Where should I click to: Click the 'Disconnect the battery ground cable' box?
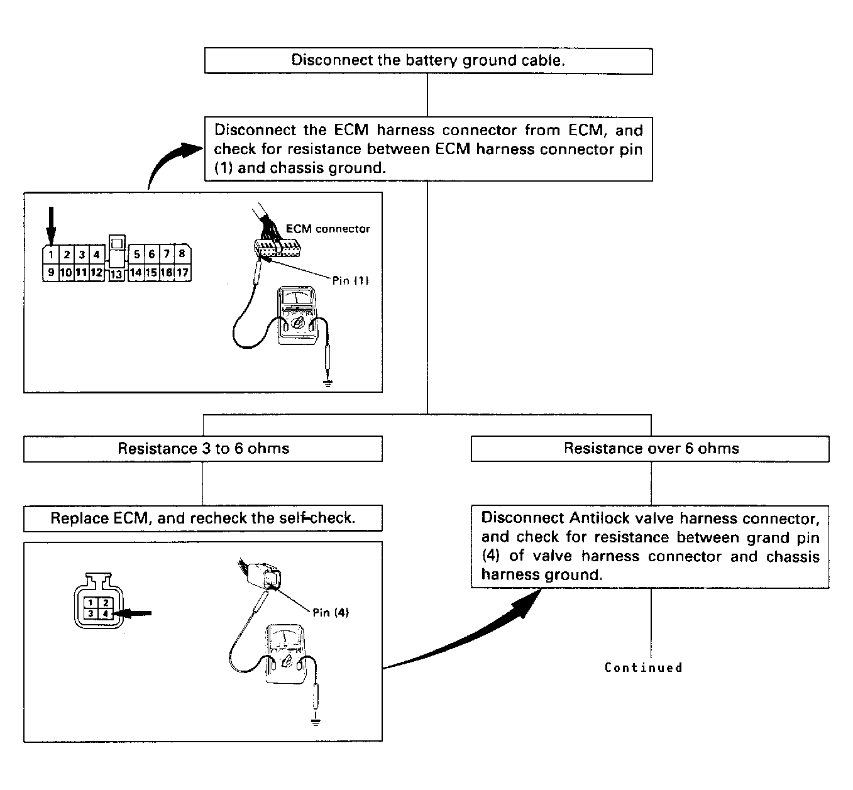coord(428,60)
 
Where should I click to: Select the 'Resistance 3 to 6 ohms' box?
coord(203,449)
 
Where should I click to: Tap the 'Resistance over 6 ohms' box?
coord(650,449)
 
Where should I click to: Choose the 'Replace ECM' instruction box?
coord(203,518)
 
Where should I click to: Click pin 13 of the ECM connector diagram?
coord(116,274)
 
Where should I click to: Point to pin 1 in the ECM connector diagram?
coord(51,255)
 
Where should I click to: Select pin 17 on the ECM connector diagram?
coord(182,272)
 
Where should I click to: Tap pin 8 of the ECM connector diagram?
coord(182,254)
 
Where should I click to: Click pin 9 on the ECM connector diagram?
coord(51,272)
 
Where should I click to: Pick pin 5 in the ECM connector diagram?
coord(136,255)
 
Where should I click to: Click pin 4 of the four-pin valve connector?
coord(106,614)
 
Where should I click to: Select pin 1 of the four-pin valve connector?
coord(91,603)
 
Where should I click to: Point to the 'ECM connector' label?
coord(327,229)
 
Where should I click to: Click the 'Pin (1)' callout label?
coord(351,280)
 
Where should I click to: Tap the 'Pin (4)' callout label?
coord(331,613)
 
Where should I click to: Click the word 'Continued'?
coord(644,667)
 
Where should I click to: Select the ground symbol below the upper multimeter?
coord(327,383)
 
